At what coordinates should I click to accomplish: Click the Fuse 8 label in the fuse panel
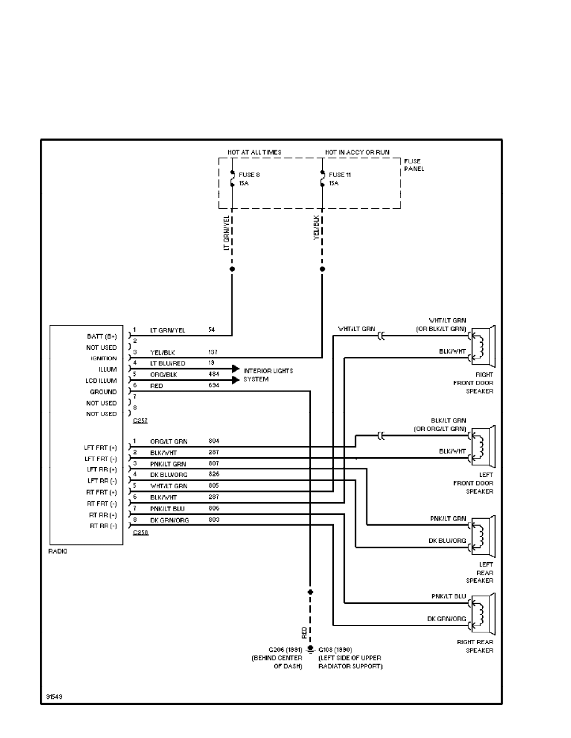tap(249, 175)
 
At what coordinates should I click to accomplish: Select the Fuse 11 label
tap(340, 175)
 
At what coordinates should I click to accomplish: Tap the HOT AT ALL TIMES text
tap(254, 152)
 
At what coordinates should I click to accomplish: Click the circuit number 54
tap(212, 330)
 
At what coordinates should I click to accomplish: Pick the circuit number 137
tap(213, 352)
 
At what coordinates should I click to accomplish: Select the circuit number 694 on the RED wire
tap(213, 386)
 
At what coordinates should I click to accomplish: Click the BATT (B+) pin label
tap(102, 336)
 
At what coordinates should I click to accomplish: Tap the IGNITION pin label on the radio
tap(103, 358)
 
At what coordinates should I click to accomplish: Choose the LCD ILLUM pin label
tap(101, 381)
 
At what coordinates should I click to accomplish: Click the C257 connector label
tap(140, 421)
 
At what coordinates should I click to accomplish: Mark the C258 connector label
tap(140, 532)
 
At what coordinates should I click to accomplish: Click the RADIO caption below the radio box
tap(58, 551)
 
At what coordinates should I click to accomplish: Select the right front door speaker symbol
tap(483, 347)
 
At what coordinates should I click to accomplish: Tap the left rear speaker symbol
tap(483, 535)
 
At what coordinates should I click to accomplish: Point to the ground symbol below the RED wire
tap(310, 649)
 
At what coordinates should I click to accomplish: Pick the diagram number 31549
tap(54, 696)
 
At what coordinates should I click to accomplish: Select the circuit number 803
tap(213, 520)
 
